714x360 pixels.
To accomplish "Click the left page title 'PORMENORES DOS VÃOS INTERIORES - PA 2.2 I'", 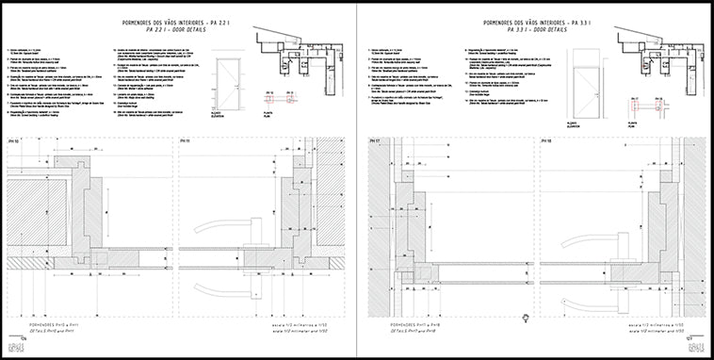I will [x=178, y=20].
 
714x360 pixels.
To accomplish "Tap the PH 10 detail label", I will [x=14, y=140].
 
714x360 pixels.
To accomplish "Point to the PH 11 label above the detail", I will [x=185, y=140].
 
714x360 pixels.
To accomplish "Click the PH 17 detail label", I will [x=374, y=140].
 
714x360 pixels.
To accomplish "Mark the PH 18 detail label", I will [x=546, y=140].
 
